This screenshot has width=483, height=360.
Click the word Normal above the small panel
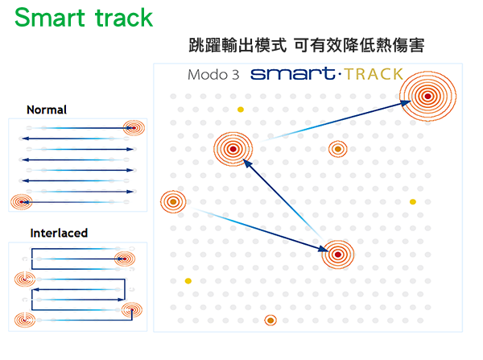pyautogui.click(x=47, y=110)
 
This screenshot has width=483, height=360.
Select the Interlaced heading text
pyautogui.click(x=59, y=233)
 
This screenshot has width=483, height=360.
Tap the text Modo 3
pyautogui.click(x=213, y=75)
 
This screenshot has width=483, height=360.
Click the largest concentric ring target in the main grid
pyautogui.click(x=429, y=96)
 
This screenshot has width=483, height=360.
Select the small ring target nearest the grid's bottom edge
pyautogui.click(x=270, y=321)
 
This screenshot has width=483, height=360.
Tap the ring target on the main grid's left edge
pyautogui.click(x=172, y=201)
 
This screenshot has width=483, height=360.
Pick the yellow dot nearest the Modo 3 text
pyautogui.click(x=240, y=110)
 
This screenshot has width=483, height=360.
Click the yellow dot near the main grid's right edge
pyautogui.click(x=413, y=201)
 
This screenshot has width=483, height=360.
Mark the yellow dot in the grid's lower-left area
pyautogui.click(x=188, y=281)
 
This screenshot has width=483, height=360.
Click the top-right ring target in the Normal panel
pyautogui.click(x=134, y=127)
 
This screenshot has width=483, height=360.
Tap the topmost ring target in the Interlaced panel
pyautogui.click(x=124, y=259)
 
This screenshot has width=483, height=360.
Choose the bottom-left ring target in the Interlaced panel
pyautogui.click(x=25, y=320)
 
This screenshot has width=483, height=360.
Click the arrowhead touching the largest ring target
pyautogui.click(x=407, y=102)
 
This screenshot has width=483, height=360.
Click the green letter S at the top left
pyautogui.click(x=23, y=18)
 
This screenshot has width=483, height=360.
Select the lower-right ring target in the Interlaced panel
pyautogui.click(x=130, y=309)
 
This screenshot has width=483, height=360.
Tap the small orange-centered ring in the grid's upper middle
pyautogui.click(x=337, y=149)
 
